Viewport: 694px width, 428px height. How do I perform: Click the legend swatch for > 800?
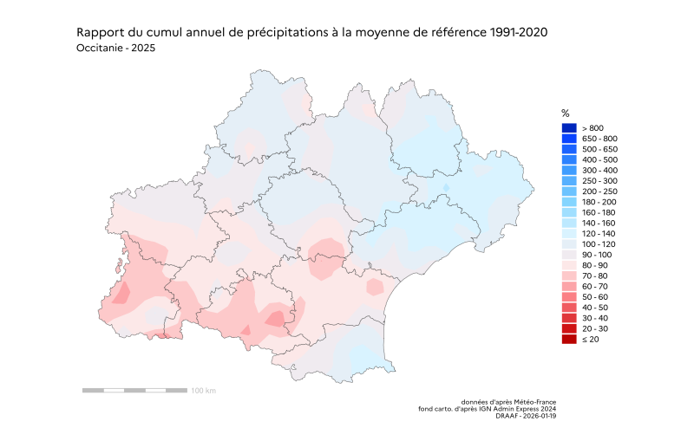[x=569, y=128]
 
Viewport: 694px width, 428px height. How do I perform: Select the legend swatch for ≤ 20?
[x=569, y=339]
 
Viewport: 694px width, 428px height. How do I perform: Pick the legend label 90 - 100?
[x=596, y=255]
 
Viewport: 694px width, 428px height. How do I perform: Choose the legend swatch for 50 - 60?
[x=569, y=296]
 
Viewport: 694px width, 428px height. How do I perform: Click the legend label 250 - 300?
[x=599, y=181]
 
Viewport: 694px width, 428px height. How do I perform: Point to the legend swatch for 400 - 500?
[x=569, y=159]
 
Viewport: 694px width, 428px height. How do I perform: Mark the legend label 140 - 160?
[x=599, y=223]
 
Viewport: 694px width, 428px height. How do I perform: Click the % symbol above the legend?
[x=566, y=113]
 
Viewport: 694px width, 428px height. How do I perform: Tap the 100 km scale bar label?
[x=203, y=391]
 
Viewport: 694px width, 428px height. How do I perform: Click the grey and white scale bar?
[x=134, y=391]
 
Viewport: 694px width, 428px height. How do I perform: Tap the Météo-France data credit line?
[x=508, y=402]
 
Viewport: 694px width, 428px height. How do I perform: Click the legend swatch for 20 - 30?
[x=569, y=328]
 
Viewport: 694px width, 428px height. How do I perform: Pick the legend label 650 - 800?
[x=599, y=139]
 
